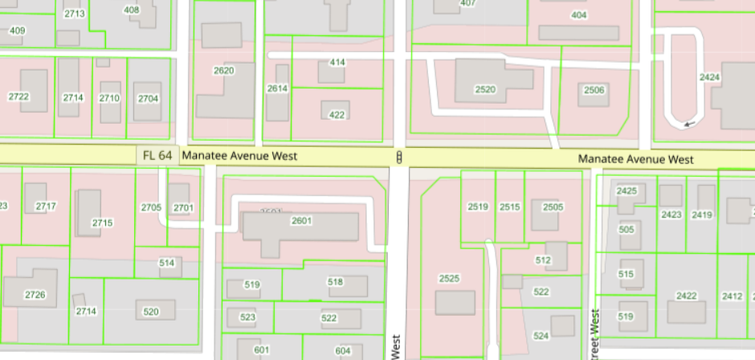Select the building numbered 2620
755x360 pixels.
point(223,71)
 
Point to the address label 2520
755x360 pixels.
point(485,89)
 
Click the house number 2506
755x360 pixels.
point(594,90)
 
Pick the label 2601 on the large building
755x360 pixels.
point(301,220)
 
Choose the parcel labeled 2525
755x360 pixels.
point(449,278)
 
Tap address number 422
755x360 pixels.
point(337,115)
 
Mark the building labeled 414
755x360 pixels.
point(337,63)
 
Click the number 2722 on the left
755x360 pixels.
point(18,97)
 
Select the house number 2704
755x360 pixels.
point(148,98)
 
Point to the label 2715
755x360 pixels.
point(102,223)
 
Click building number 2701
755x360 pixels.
point(183,208)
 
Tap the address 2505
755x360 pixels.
point(553,207)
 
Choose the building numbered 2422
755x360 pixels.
point(686,296)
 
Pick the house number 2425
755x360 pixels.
point(626,191)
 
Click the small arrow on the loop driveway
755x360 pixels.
point(686,124)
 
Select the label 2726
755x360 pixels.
point(35,295)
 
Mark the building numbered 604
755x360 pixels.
point(343,350)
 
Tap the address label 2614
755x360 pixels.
point(277,88)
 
